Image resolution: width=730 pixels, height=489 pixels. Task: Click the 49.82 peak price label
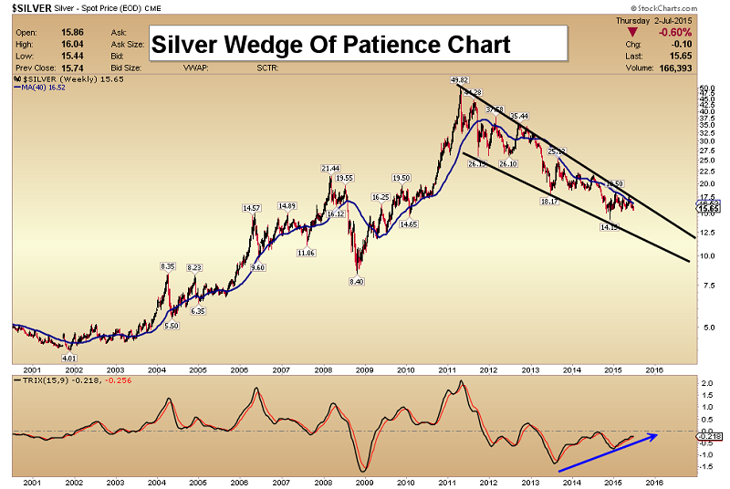(459, 80)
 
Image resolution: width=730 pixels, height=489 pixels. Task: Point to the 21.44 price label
(330, 169)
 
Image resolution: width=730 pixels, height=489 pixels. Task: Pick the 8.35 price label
(167, 265)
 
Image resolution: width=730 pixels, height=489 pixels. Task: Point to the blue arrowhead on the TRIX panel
(657, 435)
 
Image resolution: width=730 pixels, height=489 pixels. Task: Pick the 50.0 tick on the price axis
(705, 88)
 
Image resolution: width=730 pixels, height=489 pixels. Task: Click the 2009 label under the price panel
(364, 370)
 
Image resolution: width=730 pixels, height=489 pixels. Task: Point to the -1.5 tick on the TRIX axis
(707, 464)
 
